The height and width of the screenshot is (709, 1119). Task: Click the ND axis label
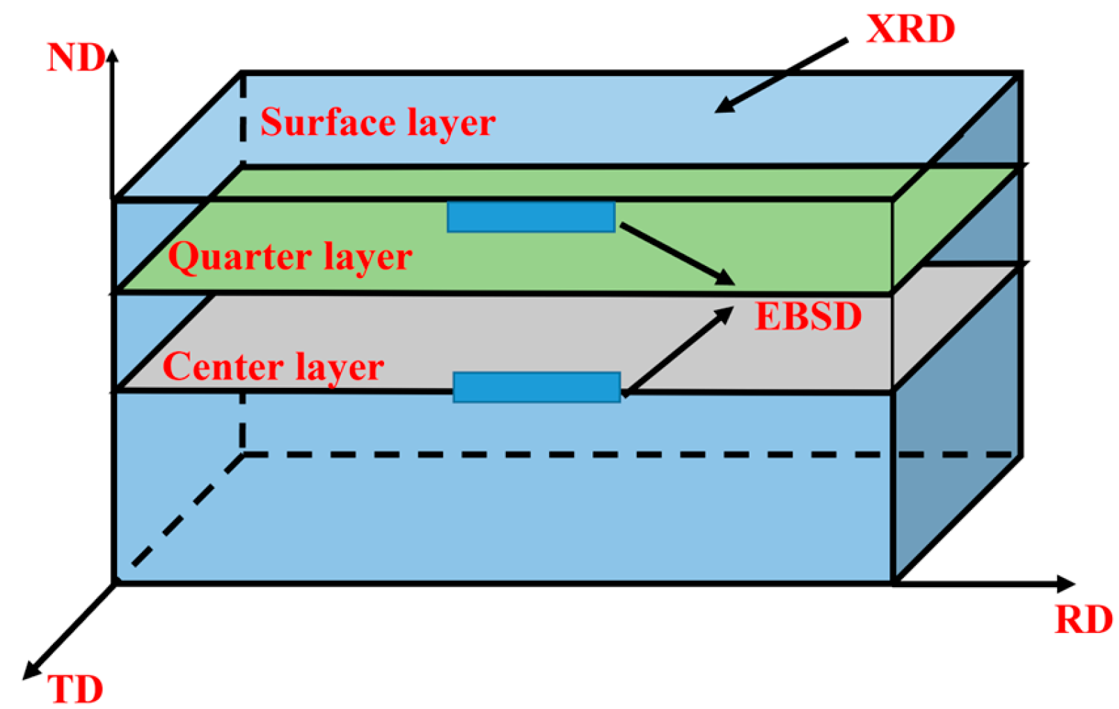point(75,58)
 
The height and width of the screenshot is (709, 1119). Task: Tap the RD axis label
point(1083,619)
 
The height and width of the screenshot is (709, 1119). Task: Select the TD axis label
point(75,690)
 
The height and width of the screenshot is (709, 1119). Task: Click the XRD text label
point(910,29)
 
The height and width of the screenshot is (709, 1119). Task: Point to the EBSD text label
point(808,316)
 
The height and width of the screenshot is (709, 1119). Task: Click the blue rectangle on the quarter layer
point(531,217)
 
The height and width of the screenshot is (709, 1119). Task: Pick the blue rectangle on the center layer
point(537,387)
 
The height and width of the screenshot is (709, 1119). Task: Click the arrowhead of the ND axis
point(112,56)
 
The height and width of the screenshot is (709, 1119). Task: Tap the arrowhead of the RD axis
point(1065,584)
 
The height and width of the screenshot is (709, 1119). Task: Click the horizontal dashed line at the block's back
point(626,455)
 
